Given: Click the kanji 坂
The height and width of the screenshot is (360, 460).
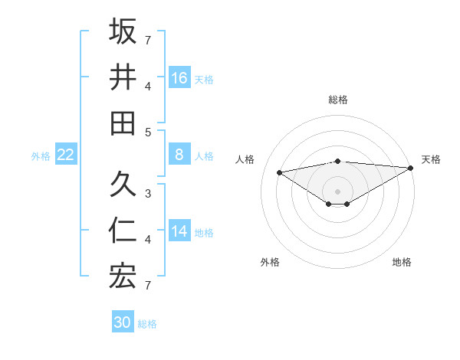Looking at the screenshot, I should pos(123,31).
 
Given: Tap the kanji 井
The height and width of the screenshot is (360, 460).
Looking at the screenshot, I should pos(123,77).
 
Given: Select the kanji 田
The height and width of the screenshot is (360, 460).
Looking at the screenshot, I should pos(123,123).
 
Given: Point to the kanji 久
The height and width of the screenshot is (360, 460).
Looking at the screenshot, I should pos(123,185).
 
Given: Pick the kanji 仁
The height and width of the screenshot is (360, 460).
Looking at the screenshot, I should pos(123,231).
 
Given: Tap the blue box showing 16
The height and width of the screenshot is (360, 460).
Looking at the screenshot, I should pos(179,77).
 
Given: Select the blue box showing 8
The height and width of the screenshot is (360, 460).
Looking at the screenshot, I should pos(179,155).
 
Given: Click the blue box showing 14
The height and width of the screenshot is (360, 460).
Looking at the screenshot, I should pos(179,231).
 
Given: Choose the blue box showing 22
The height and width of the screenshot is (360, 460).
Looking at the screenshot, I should pos(65,155).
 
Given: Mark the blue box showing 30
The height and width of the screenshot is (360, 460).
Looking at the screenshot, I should pos(123,322).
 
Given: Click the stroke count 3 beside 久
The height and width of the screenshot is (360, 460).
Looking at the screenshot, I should pos(149,193).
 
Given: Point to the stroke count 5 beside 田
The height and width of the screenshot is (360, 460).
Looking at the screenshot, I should pos(149,132).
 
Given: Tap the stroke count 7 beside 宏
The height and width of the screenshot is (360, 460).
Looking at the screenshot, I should pos(149,285).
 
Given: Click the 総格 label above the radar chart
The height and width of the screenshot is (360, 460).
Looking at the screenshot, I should pos(338,100).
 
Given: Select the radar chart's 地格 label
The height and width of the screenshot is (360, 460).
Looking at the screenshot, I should pos(402,262).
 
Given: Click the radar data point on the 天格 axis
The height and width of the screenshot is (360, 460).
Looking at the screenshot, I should pos(411,168).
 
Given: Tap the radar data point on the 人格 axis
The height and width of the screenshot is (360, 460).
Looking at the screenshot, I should pos(279,172).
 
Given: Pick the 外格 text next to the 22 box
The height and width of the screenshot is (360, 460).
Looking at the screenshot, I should pos(41,156).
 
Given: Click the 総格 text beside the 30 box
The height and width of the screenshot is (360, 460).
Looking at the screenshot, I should pos(147,324).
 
